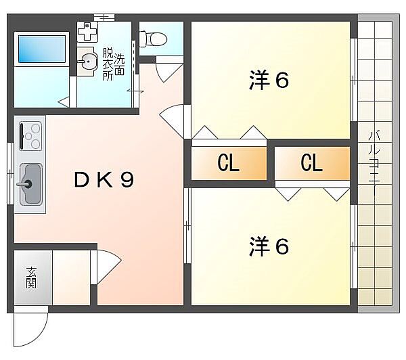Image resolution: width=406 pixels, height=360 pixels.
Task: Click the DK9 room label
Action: click(104, 180)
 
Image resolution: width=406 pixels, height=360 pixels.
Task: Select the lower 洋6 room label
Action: click(269, 247)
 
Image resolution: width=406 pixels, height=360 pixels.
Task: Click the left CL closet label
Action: click(228, 164)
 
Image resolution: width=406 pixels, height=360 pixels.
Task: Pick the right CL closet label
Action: click(311, 164)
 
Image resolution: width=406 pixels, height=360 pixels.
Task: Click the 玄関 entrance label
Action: click(31, 278)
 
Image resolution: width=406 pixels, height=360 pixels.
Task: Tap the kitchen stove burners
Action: click(31, 135)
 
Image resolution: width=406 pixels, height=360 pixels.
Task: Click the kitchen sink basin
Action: click(30, 183)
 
